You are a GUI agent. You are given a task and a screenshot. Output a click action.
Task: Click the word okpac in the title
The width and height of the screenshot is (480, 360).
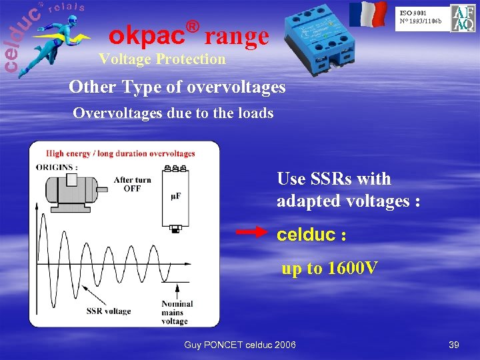[147, 33]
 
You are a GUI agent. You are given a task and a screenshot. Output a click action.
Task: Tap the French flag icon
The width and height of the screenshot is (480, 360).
[368, 15]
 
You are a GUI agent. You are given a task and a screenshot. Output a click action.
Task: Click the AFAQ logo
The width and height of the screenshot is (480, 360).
[463, 18]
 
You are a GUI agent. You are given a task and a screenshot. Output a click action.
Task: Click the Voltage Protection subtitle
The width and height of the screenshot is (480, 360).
[162, 59]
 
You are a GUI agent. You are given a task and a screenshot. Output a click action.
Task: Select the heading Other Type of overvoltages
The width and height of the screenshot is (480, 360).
[177, 87]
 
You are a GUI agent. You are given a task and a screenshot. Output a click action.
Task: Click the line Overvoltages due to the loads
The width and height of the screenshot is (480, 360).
[173, 113]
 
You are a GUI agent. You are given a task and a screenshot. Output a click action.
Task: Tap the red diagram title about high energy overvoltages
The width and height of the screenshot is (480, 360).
[120, 153]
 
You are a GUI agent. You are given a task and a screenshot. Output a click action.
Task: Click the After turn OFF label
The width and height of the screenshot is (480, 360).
[132, 184]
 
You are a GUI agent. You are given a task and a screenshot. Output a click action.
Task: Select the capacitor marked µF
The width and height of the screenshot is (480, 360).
[175, 198]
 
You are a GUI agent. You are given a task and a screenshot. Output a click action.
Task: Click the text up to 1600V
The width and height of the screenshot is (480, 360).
[329, 269]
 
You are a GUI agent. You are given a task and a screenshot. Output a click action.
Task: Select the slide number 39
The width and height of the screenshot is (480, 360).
[454, 344]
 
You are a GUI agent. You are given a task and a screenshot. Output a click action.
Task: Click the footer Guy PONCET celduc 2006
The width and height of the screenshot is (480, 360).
[240, 344]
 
